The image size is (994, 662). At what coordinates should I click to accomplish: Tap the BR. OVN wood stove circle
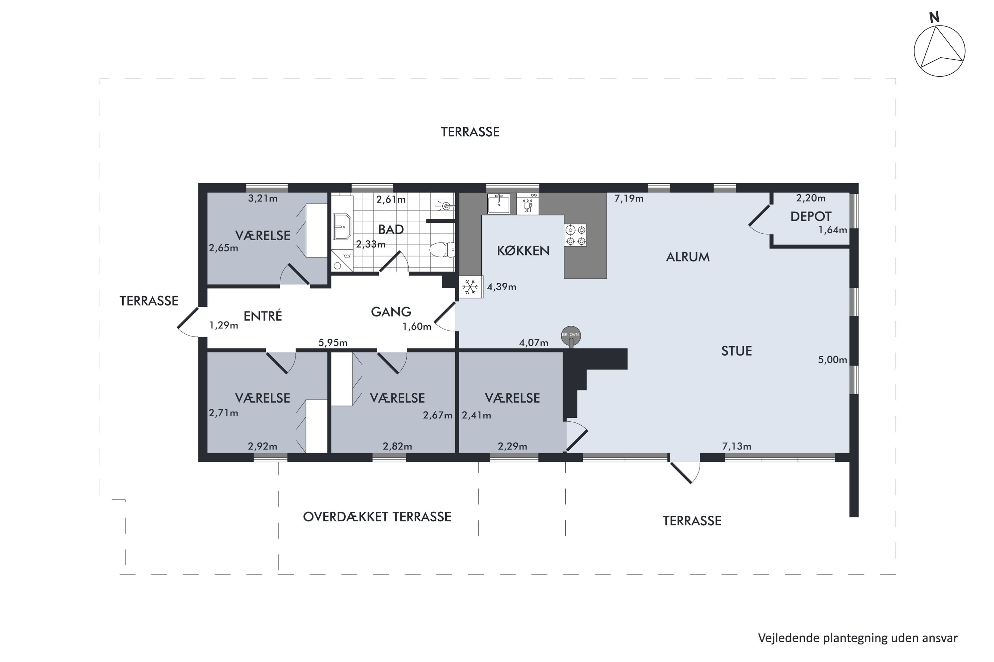click(571, 335)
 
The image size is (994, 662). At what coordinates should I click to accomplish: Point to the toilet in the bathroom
click(442, 250)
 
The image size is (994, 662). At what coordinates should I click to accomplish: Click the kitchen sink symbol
click(499, 204)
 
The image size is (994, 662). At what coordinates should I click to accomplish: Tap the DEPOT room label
click(810, 216)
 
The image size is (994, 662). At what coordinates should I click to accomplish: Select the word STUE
click(736, 351)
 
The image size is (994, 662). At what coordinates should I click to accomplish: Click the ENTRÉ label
click(262, 315)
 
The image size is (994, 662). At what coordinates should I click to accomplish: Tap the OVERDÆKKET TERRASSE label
click(377, 516)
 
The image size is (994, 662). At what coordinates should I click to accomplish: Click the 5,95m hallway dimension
click(333, 342)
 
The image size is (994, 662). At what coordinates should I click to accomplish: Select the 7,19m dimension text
click(629, 198)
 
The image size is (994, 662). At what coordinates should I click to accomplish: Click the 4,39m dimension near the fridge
click(502, 287)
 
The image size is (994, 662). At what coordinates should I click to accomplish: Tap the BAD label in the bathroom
click(391, 229)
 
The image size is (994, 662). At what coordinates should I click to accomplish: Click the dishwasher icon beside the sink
click(527, 204)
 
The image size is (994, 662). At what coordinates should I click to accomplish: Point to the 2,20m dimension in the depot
click(810, 198)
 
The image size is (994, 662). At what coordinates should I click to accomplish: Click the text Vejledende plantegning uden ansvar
click(857, 638)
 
